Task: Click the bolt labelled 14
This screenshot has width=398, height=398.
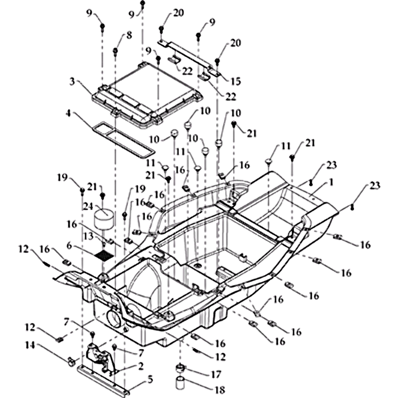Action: tap(71, 359)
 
